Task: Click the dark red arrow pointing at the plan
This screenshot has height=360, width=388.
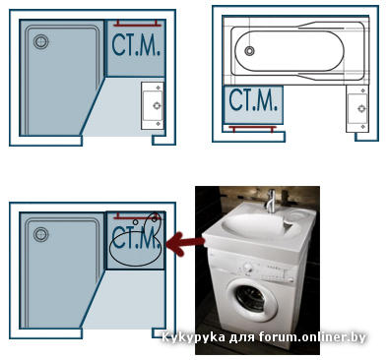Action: pyautogui.click(x=185, y=243)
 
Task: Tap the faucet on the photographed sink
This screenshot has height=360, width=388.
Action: pyautogui.click(x=271, y=201)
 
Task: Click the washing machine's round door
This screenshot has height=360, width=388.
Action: pyautogui.click(x=252, y=297)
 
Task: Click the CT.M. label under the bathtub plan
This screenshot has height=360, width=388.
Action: pyautogui.click(x=253, y=99)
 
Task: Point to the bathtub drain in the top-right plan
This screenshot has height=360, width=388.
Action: pyautogui.click(x=249, y=51)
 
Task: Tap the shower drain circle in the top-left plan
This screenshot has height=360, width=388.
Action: pyautogui.click(x=41, y=42)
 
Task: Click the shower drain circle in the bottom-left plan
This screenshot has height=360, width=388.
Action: pyautogui.click(x=41, y=235)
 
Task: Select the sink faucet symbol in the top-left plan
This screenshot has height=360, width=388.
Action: pyautogui.click(x=158, y=105)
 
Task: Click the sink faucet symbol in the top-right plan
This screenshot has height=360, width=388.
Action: pyautogui.click(x=361, y=108)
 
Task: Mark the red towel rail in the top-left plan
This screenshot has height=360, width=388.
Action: pyautogui.click(x=138, y=24)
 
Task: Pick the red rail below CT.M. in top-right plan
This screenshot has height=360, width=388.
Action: pyautogui.click(x=253, y=128)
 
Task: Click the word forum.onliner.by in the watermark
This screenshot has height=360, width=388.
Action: pyautogui.click(x=312, y=336)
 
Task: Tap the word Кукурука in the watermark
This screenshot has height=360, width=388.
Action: pyautogui.click(x=193, y=337)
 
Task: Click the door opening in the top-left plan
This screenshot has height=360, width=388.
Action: pyautogui.click(x=117, y=141)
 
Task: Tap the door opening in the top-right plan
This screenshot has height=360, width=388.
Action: pyautogui.click(x=320, y=137)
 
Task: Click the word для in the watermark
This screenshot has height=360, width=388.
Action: pyautogui.click(x=242, y=337)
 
